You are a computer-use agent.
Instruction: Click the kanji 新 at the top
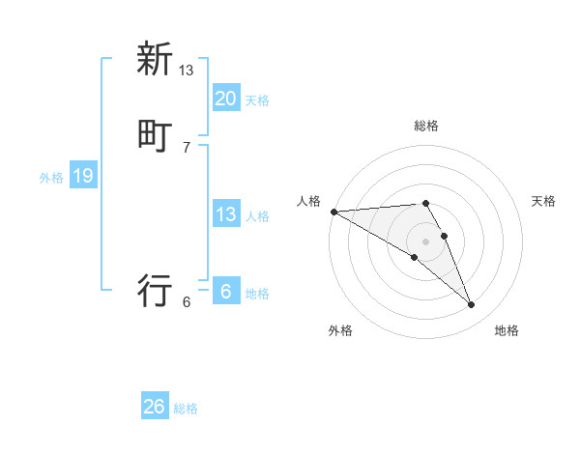point(155,59)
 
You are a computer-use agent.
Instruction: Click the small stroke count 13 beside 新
point(187,71)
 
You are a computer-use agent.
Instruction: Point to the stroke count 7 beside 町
point(187,147)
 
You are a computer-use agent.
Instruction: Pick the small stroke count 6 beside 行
point(187,301)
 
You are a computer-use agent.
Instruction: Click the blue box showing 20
point(225,98)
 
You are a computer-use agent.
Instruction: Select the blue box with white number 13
point(225,214)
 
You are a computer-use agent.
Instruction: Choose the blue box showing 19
point(83,176)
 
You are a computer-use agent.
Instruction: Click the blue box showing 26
point(155,407)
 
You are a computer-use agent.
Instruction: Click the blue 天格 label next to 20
point(257,100)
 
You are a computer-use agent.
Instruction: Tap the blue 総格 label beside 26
point(186,410)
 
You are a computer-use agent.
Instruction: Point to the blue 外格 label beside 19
point(51,178)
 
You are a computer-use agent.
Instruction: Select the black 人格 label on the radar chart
point(309,201)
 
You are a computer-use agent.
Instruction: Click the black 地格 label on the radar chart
point(507,331)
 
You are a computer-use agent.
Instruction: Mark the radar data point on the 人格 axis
point(333,212)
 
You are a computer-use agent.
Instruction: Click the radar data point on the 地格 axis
point(472,305)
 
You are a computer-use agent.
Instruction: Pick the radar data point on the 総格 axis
point(425,203)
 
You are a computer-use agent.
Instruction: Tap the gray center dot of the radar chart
point(425,241)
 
